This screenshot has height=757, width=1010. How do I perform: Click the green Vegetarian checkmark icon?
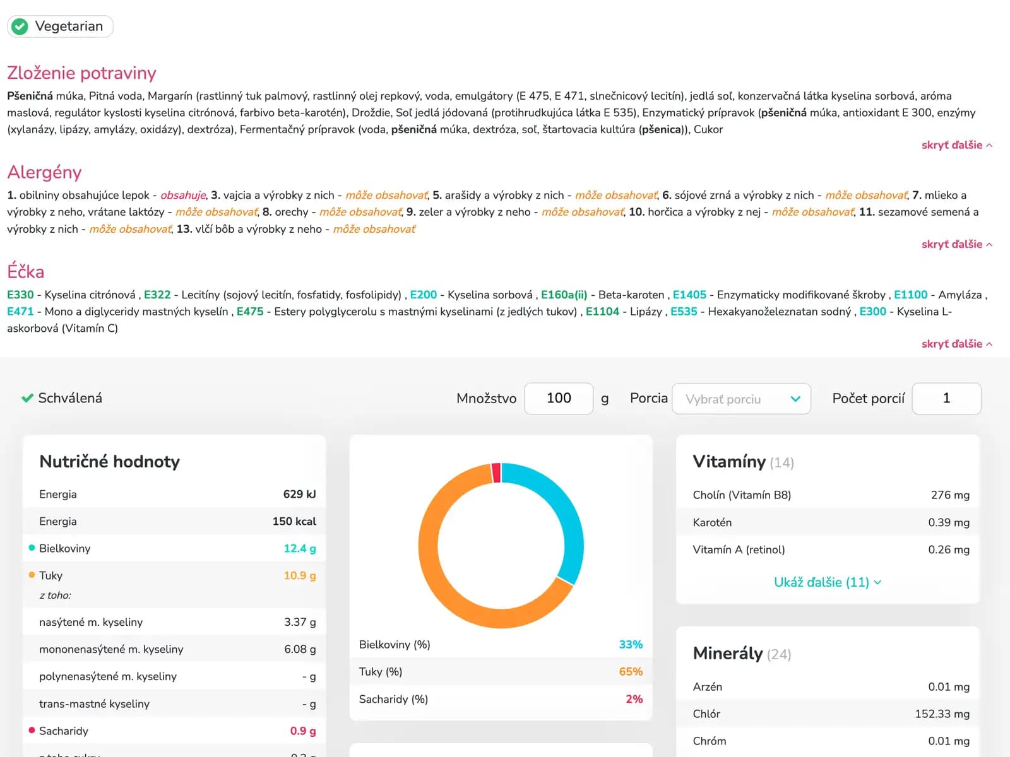(x=20, y=26)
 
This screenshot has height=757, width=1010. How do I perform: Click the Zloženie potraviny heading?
(x=81, y=73)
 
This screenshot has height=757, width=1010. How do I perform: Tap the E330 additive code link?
(x=20, y=295)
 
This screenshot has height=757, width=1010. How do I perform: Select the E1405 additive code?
(x=689, y=295)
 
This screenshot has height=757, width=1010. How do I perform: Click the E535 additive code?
(x=684, y=312)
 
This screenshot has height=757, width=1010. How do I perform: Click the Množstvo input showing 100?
(x=559, y=399)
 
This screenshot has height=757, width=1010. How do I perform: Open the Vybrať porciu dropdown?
(x=741, y=399)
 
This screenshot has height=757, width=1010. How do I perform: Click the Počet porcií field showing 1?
(x=946, y=399)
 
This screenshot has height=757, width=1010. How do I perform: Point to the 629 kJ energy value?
(x=299, y=494)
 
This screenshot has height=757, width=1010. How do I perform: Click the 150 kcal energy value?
(x=294, y=522)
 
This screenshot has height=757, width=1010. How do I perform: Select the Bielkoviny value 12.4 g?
(x=300, y=549)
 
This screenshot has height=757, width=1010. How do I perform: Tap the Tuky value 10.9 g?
(x=300, y=576)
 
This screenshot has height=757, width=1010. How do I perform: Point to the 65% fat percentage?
(x=631, y=672)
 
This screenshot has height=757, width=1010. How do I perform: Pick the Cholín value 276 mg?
(x=950, y=495)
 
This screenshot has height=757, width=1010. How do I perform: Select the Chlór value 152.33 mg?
(x=942, y=714)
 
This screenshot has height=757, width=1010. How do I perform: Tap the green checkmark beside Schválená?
(x=27, y=398)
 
